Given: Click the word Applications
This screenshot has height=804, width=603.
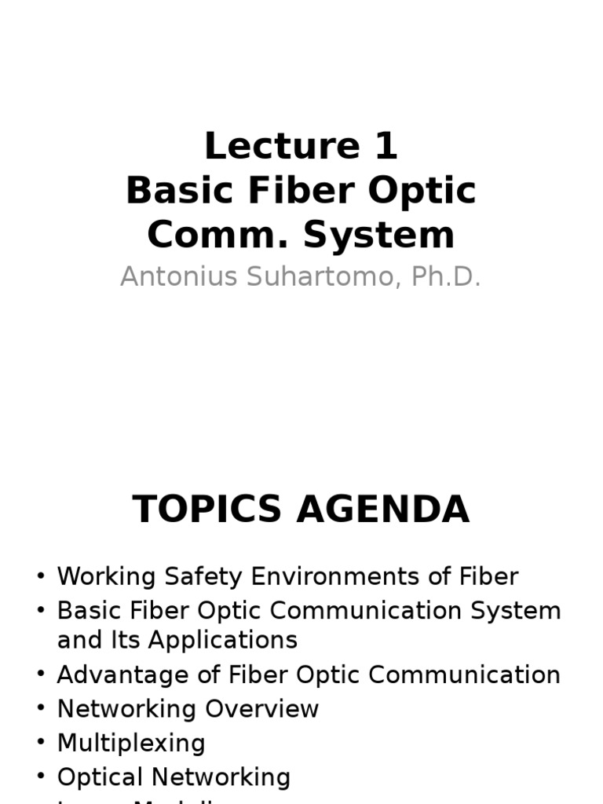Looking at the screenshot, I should [x=223, y=640].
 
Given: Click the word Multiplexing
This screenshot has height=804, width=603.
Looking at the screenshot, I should [x=131, y=743].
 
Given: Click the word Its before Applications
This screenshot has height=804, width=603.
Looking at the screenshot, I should [x=130, y=640].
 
